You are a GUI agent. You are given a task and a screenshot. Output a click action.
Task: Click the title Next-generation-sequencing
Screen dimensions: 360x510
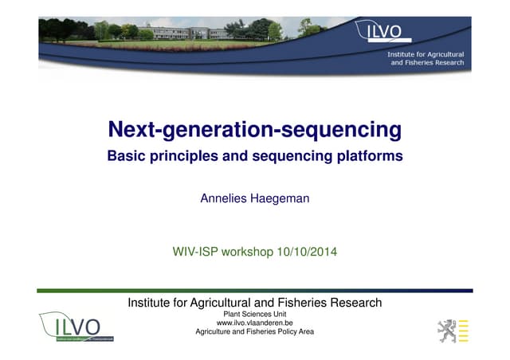(x=255, y=128)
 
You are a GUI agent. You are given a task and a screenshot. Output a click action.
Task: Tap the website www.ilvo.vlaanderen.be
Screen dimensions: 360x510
(x=255, y=323)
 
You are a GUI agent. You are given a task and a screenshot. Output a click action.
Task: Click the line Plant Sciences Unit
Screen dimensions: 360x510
(x=255, y=314)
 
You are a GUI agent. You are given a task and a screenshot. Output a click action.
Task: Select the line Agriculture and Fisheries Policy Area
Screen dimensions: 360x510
(x=255, y=331)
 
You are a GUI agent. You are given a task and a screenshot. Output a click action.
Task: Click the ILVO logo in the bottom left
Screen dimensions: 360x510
(x=76, y=327)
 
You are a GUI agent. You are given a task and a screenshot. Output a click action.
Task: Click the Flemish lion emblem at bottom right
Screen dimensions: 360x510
(x=445, y=327)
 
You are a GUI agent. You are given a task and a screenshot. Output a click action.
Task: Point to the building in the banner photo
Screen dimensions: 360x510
(x=183, y=32)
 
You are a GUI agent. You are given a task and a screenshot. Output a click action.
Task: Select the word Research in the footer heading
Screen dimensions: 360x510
(x=355, y=303)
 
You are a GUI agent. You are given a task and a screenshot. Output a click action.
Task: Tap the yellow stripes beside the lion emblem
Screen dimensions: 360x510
(x=465, y=327)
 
